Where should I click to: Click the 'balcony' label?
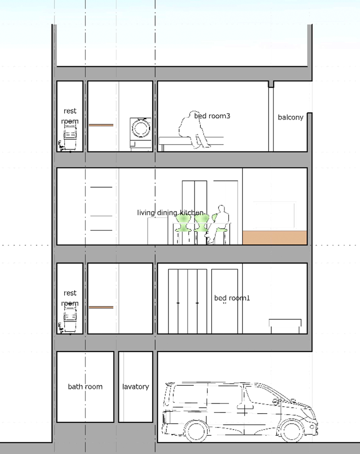291,117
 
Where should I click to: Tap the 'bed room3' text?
212,116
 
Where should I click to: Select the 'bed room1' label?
232,298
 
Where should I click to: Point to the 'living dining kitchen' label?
171,213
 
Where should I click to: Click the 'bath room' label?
85,387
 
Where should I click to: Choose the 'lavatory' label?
135,387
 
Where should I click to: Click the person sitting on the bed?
193,129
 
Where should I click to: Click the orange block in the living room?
275,238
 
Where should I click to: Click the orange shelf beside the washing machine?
101,125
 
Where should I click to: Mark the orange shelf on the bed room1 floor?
101,307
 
